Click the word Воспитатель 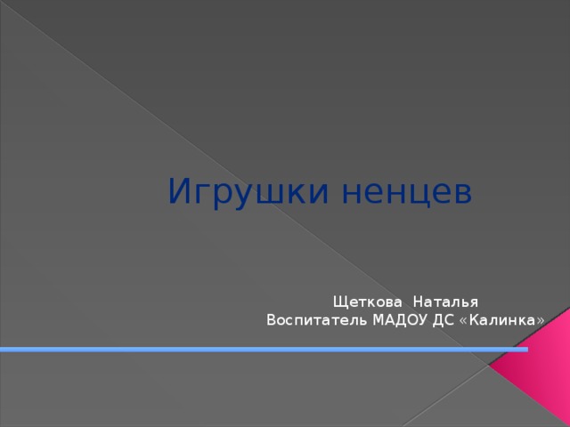316,319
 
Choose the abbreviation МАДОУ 400,319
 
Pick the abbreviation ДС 444,319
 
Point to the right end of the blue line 525,349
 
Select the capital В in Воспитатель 271,319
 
